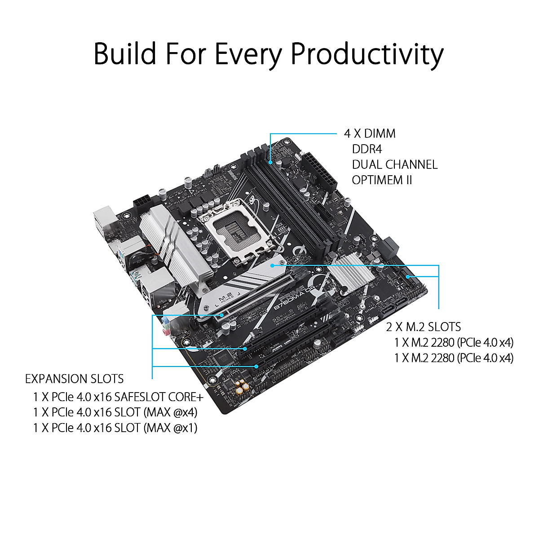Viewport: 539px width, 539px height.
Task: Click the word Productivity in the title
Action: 367,55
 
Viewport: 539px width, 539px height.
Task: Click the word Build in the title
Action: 125,54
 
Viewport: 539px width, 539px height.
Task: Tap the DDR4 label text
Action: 367,149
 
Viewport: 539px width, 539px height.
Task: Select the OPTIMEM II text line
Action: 382,180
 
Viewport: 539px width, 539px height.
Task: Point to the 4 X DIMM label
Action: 370,133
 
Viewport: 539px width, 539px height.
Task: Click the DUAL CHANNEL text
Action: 394,164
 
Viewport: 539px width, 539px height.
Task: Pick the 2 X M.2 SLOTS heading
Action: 424,327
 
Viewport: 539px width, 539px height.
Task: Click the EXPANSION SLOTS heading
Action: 74,379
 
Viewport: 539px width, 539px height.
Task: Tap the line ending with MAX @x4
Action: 115,412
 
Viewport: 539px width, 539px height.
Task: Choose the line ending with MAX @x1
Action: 115,428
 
